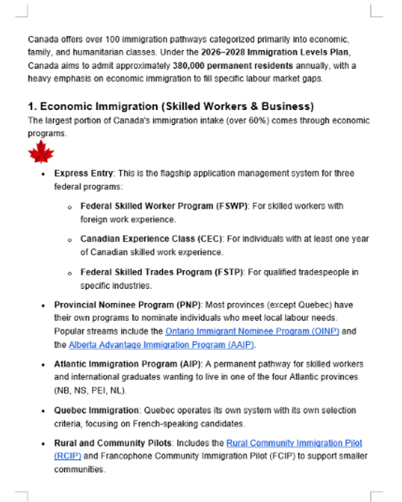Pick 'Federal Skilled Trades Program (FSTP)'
pyautogui.click(x=162, y=272)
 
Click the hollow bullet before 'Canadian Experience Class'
pyautogui.click(x=69, y=240)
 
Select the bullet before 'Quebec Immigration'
pyautogui.click(x=43, y=411)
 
